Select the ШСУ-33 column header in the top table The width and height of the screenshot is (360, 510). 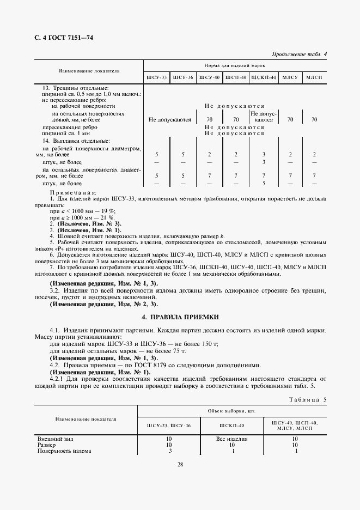[x=156, y=77]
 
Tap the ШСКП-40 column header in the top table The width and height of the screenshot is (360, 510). [x=263, y=77]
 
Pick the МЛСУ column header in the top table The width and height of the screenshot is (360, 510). [x=290, y=77]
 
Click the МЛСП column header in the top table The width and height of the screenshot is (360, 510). [x=314, y=77]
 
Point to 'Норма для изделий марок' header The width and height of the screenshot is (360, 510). [x=235, y=65]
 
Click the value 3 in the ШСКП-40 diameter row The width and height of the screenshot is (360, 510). [x=263, y=155]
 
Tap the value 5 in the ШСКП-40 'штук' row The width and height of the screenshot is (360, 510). [x=263, y=184]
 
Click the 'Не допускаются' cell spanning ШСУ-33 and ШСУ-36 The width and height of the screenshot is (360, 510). [x=169, y=119]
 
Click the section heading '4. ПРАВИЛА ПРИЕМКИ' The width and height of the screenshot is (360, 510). [x=180, y=316]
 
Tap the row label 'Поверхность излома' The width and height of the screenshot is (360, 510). [x=64, y=451]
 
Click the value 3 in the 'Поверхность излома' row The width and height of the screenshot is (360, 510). [x=170, y=451]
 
